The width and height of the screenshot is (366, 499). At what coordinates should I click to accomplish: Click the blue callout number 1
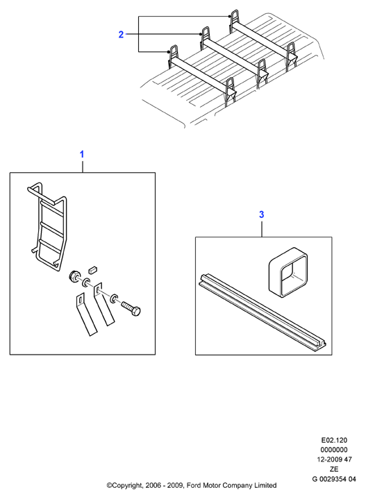pos(82,154)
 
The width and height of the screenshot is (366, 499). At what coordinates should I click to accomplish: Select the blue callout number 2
pos(121,35)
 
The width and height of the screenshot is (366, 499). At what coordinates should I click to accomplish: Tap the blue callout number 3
pos(262,215)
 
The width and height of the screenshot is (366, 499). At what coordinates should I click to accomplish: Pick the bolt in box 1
pos(131,308)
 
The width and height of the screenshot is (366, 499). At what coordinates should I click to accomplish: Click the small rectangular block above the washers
pos(92,269)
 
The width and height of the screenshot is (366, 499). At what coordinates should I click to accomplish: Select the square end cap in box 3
pos(288,272)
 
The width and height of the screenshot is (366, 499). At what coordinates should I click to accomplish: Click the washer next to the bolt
pos(114,298)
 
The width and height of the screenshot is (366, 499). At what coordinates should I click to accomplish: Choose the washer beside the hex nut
pos(86,282)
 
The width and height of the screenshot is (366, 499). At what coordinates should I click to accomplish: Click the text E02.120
pos(334,441)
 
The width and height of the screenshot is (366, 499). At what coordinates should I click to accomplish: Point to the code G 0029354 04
pos(334,479)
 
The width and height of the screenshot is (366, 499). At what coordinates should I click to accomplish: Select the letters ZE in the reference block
pos(334,469)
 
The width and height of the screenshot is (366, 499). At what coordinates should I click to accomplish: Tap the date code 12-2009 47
pos(334,459)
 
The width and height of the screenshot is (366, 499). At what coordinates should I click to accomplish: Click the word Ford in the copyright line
pos(193,486)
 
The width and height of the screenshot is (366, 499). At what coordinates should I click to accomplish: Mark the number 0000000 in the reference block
pos(334,450)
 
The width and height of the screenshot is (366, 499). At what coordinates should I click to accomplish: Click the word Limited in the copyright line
pos(265,486)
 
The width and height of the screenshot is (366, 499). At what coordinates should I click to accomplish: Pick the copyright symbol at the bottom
pos(108,486)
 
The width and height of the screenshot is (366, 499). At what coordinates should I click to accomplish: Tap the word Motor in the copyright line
pos(211,486)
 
